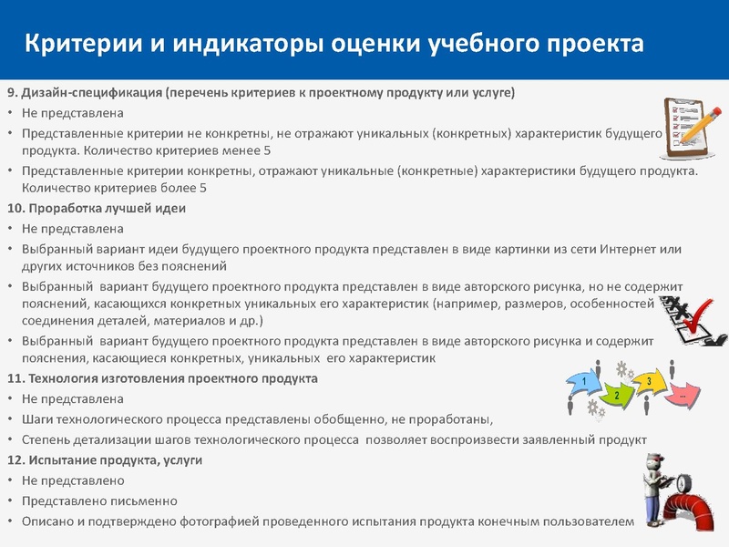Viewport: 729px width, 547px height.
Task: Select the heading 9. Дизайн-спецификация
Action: point(85,94)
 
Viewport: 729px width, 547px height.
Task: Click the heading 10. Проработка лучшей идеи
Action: point(96,209)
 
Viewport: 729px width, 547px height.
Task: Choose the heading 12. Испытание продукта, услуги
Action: point(104,460)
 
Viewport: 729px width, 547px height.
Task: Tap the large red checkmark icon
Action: point(701,318)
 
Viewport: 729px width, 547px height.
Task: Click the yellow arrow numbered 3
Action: point(650,383)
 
